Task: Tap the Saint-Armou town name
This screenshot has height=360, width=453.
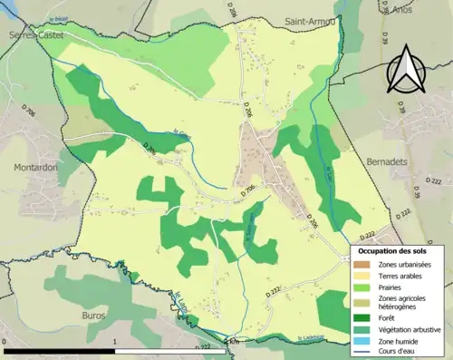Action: click(x=309, y=20)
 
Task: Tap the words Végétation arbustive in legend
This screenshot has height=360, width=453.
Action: click(x=410, y=329)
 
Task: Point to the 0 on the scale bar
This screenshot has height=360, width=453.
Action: click(x=6, y=344)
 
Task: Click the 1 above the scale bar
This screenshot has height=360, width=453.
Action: click(x=116, y=344)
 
